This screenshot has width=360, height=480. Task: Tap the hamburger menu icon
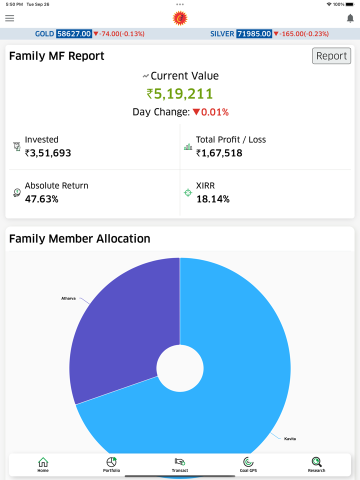click(x=9, y=18)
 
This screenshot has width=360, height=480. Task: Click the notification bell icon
click(x=350, y=18)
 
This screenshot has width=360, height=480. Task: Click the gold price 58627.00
click(x=74, y=34)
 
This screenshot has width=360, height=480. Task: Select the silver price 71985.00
click(x=254, y=34)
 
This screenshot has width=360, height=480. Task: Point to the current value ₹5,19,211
click(x=180, y=94)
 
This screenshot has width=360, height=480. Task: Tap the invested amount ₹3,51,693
click(x=48, y=153)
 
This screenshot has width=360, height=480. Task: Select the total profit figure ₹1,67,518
click(x=219, y=153)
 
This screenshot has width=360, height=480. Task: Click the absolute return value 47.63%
click(x=41, y=199)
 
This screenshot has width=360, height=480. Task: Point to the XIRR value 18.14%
click(x=212, y=199)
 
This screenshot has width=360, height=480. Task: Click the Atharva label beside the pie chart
click(x=68, y=298)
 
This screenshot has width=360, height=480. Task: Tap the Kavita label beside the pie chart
click(x=290, y=439)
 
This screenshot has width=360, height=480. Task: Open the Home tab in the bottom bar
click(x=43, y=464)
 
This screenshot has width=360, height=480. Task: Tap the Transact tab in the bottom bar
click(x=180, y=464)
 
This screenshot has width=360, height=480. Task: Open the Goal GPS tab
click(x=248, y=464)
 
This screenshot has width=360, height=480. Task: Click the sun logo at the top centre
click(x=180, y=18)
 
